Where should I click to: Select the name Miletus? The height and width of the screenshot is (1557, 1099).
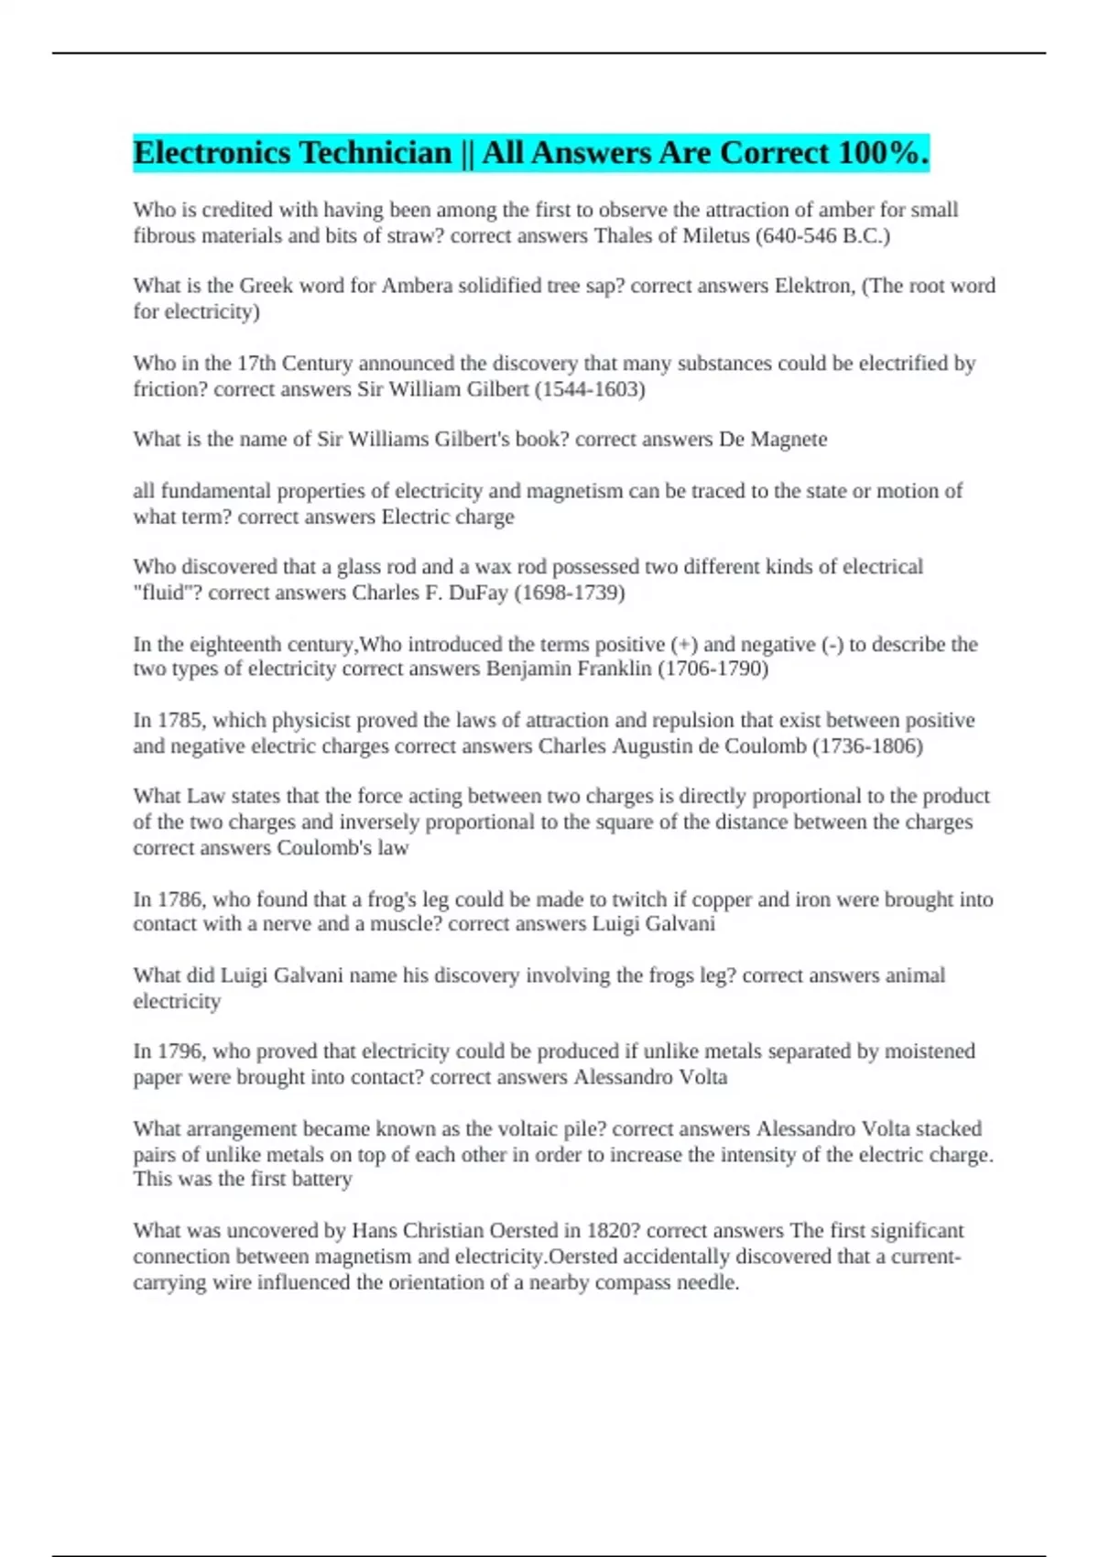[715, 235]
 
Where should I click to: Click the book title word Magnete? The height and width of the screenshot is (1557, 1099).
[789, 440]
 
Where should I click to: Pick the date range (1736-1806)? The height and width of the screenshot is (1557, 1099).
[867, 746]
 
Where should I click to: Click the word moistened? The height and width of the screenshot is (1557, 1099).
[930, 1051]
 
